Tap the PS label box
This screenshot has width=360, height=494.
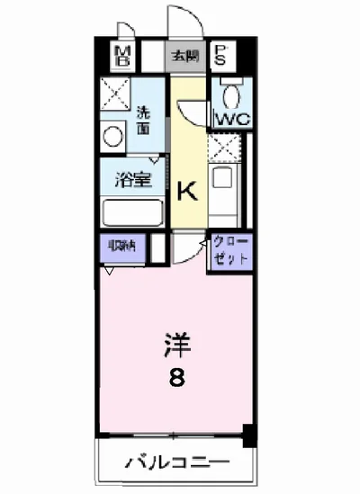221,56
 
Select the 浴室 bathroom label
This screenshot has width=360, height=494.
131,179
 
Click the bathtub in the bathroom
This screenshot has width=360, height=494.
131,212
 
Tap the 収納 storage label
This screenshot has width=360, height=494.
122,245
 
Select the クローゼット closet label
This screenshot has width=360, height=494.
231,250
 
